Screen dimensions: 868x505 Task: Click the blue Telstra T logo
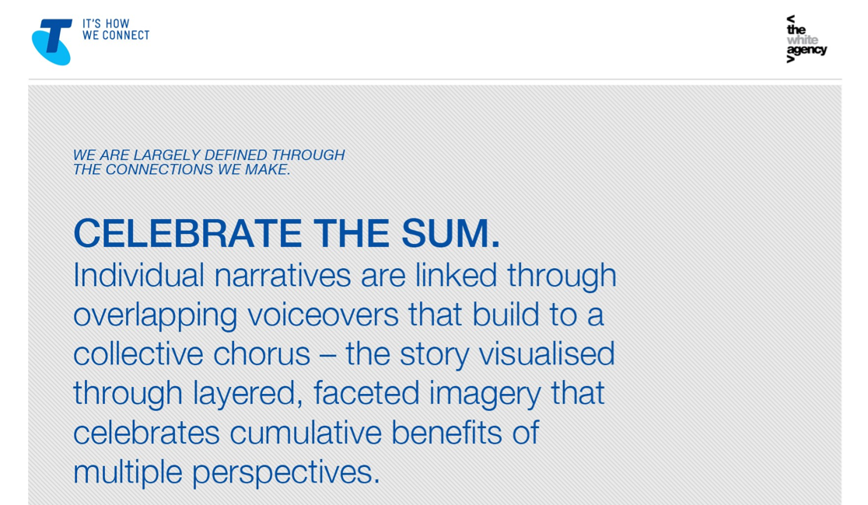pos(52,42)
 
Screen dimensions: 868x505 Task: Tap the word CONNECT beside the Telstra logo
pos(126,36)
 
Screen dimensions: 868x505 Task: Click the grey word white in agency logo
pos(802,40)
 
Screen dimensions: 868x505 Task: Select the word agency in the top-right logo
pos(807,50)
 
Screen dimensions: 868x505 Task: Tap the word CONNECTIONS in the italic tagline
pos(159,169)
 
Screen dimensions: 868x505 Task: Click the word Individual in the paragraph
pos(139,275)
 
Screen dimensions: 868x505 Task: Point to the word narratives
pos(282,276)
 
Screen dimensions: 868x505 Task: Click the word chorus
pos(261,354)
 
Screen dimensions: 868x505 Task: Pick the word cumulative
pos(306,433)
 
